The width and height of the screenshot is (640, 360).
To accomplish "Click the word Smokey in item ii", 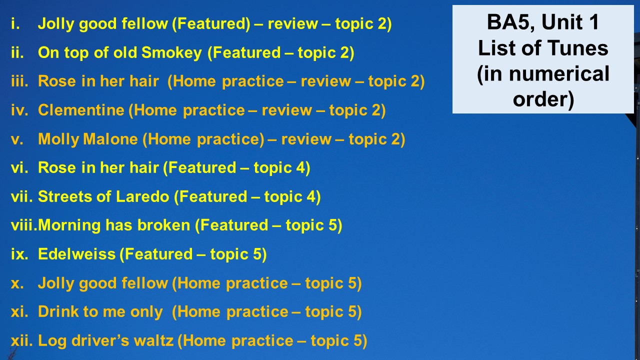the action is [x=171, y=53].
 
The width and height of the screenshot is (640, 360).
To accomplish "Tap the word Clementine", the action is [x=81, y=110].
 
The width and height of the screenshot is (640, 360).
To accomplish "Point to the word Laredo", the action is [x=142, y=196].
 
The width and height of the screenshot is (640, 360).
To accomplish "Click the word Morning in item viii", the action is [x=69, y=225].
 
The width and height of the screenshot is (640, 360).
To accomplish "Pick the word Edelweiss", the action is [x=76, y=254].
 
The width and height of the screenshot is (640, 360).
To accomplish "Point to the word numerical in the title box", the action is [x=559, y=73].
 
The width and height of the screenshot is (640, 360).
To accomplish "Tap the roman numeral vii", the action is [x=21, y=196].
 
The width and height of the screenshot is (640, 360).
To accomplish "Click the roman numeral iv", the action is [x=19, y=110].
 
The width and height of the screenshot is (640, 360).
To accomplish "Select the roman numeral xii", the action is [x=21, y=340].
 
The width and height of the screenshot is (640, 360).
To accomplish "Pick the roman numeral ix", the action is [x=19, y=254].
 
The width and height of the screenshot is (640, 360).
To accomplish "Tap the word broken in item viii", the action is [x=163, y=225].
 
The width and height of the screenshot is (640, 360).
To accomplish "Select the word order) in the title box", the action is [x=543, y=99].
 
